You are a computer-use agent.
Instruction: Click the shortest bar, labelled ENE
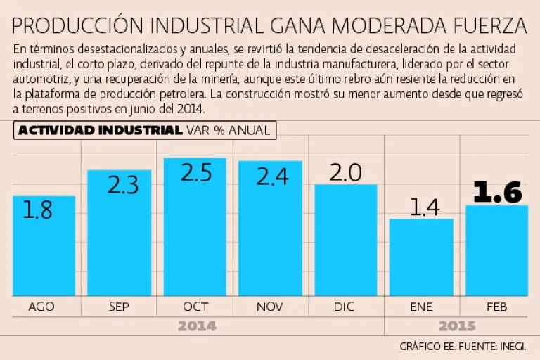[x=421, y=260]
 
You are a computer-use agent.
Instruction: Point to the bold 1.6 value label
[x=497, y=192]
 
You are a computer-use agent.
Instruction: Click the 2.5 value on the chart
[x=195, y=173]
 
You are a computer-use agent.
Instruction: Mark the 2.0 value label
[x=345, y=173]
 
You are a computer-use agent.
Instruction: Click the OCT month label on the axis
[x=195, y=307]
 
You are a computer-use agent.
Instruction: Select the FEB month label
[x=496, y=307]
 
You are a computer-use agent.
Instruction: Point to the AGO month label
[x=41, y=307]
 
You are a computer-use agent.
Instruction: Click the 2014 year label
[x=197, y=326]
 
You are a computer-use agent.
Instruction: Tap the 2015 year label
[x=456, y=326]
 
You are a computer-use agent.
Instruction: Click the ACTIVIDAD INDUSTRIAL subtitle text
[x=100, y=130]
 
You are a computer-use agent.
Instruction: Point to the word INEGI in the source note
[x=511, y=346]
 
